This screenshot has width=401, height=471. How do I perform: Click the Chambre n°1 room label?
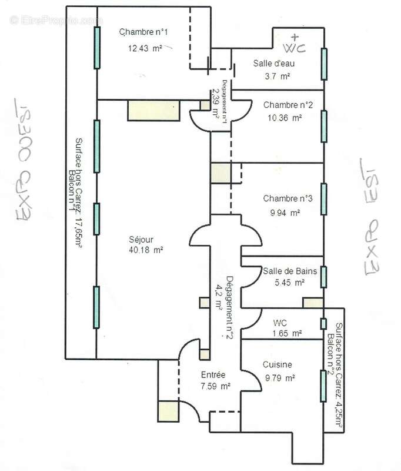144,32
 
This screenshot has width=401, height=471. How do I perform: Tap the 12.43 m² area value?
145,49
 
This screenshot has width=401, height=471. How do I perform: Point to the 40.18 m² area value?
145,250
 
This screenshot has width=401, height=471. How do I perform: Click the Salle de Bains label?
290,271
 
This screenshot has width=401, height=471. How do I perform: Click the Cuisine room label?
277,365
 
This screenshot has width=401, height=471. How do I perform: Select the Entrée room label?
213,375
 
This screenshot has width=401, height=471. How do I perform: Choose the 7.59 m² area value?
215,387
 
